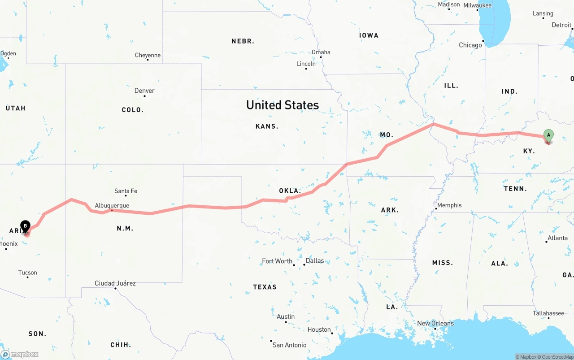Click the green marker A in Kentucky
point(548,135)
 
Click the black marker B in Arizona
point(26,226)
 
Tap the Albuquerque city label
point(112,205)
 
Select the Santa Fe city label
point(126,191)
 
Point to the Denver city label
point(144,91)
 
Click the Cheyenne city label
point(148,55)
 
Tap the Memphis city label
point(449,205)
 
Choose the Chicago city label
point(470,45)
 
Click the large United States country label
point(283,105)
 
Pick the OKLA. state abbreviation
point(290,191)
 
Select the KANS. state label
point(267,126)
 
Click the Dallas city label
point(315,260)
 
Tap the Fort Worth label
point(277,261)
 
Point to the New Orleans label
point(435,323)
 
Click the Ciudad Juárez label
point(115,283)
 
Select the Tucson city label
point(27,272)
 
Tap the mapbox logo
point(20,354)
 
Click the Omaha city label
point(321,52)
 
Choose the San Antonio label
point(289,345)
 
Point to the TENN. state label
point(515,189)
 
